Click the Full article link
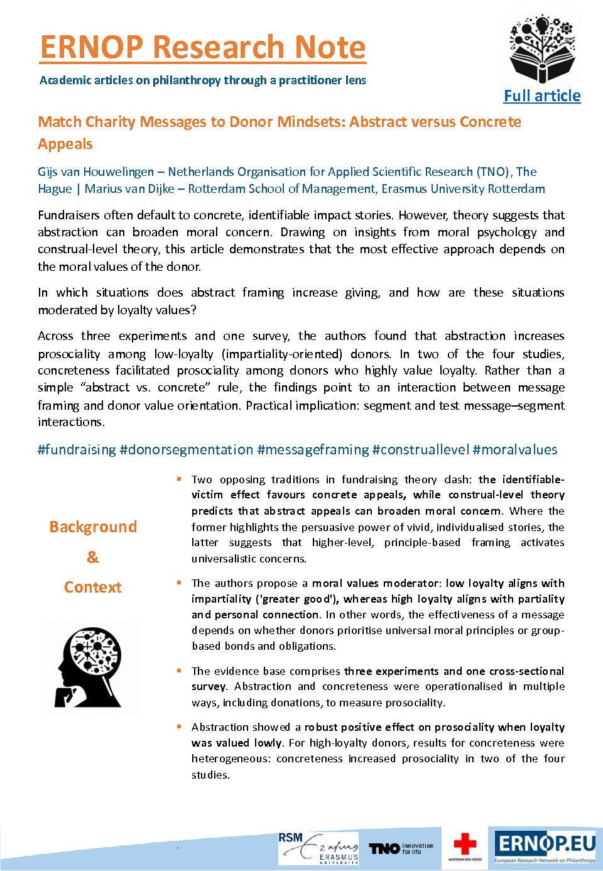(542, 96)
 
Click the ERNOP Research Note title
(203, 47)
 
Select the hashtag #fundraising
(77, 450)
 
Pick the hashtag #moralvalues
(515, 450)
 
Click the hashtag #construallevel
(421, 450)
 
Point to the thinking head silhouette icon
(92, 667)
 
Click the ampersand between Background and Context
(92, 557)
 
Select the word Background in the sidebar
(93, 527)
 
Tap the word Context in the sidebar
(93, 588)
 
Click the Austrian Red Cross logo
(465, 846)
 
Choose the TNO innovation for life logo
(401, 848)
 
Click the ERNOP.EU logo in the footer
(545, 846)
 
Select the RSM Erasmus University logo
(318, 848)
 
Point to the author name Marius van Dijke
(129, 189)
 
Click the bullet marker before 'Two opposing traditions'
(179, 479)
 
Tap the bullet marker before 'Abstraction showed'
(179, 727)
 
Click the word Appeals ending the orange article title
(65, 144)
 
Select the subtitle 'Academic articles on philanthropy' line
(202, 80)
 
